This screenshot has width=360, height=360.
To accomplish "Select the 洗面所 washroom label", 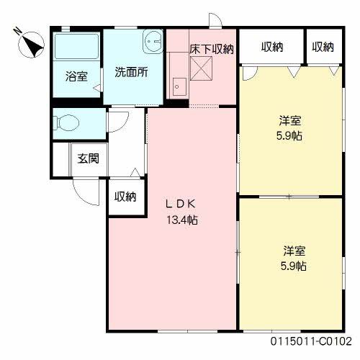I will pos(132,73).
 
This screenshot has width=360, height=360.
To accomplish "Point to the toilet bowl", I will pos(67,123).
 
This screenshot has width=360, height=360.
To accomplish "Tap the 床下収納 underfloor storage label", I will pos(212,49).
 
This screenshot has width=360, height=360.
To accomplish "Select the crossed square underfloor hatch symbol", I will pos(202,69).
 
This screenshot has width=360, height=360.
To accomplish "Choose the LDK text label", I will pos(183,203).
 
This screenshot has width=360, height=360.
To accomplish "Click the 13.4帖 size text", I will pos(183,220).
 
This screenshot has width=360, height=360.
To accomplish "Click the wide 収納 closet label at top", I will pos(271,47).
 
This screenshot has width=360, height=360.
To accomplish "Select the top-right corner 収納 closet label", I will pos(323,47).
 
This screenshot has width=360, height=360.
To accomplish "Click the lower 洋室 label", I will pos(294,251).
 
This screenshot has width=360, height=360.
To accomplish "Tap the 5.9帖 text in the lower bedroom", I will pos(294,266).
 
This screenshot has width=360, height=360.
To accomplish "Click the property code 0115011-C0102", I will pos(311,341).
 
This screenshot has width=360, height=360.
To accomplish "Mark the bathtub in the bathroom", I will pos(76,51).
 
